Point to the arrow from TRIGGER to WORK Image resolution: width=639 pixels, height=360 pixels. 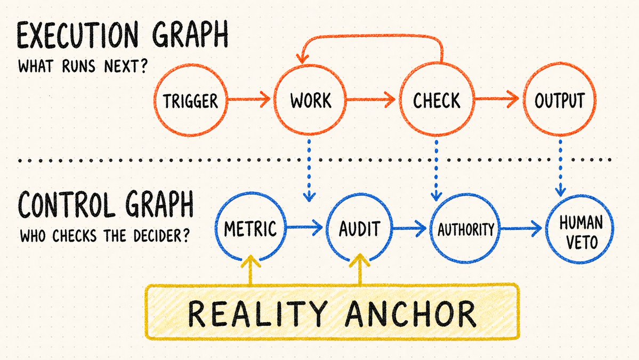pos(249,99)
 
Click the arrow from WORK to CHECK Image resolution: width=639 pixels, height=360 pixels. pos(371,99)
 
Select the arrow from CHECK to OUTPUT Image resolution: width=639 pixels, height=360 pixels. pos(496,99)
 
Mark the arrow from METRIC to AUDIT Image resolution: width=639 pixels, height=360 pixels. pos(304,228)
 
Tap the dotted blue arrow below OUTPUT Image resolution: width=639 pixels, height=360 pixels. pos(561,167)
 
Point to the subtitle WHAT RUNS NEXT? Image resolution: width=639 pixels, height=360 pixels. pos(82,66)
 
